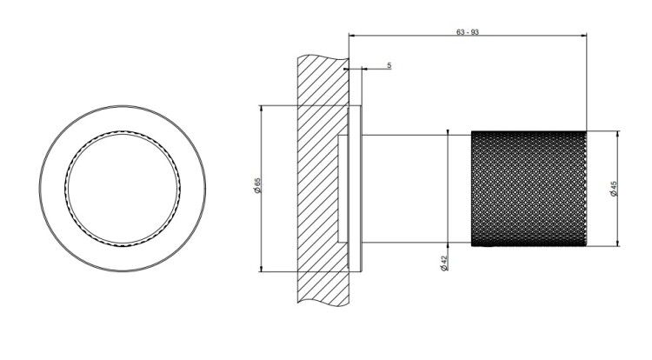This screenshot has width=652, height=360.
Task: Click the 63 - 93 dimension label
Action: pyautogui.click(x=468, y=32)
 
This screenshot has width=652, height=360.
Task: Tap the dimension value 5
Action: pyautogui.click(x=389, y=65)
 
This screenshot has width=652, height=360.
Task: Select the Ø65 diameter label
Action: pyautogui.click(x=257, y=185)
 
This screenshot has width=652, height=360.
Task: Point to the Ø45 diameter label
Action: pyautogui.click(x=614, y=189)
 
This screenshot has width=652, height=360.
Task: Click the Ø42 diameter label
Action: pyautogui.click(x=443, y=263)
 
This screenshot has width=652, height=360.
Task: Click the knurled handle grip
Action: pyautogui.click(x=529, y=189)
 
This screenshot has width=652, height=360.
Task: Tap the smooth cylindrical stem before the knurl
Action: pyautogui.click(x=416, y=189)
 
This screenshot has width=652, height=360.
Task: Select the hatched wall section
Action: pyautogui.click(x=323, y=180)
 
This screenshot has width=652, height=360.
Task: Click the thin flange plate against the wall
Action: pyautogui.click(x=356, y=189)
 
